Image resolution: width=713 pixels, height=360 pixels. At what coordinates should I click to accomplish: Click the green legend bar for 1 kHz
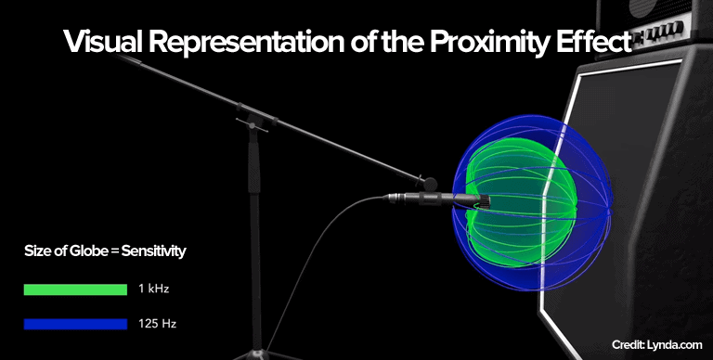pyautogui.click(x=75, y=289)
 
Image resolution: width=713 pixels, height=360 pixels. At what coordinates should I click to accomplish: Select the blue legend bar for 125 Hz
pyautogui.click(x=75, y=324)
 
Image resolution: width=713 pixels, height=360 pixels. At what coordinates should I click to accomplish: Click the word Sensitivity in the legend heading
pyautogui.click(x=157, y=251)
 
